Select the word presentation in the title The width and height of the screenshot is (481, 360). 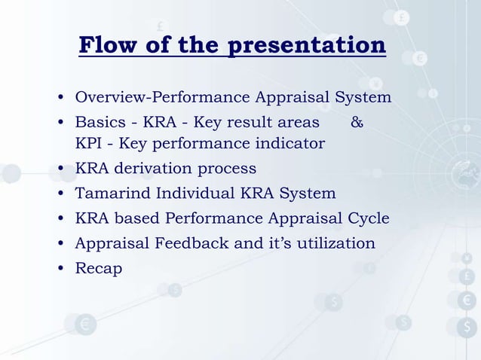307,46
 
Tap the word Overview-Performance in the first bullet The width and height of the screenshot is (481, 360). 163,97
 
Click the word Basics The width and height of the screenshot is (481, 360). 98,121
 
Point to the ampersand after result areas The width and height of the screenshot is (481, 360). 357,121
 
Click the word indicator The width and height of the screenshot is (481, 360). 290,143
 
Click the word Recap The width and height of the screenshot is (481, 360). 98,268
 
